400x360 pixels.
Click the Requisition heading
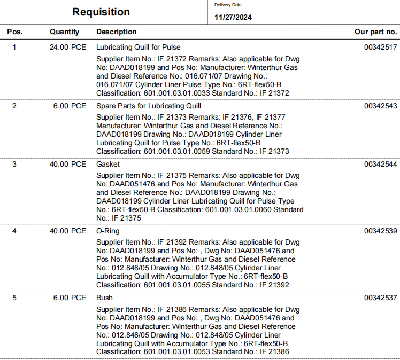tap(101, 12)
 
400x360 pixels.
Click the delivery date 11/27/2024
tap(233, 17)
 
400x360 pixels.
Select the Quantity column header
tap(64, 32)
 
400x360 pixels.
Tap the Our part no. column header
tap(376, 32)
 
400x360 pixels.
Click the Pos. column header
tap(14, 32)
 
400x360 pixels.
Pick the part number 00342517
tap(381, 48)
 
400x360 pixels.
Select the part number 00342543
tap(381, 106)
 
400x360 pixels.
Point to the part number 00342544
tap(381, 165)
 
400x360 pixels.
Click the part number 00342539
tap(381, 231)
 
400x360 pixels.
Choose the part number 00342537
tap(381, 298)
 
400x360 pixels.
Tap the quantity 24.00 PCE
tap(68, 48)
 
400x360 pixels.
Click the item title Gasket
tap(108, 165)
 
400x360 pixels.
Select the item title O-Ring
tap(108, 231)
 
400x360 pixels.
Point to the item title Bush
tap(104, 298)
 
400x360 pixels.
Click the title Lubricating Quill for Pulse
tap(138, 48)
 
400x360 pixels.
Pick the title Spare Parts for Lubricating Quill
tap(149, 106)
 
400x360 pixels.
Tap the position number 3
tap(14, 165)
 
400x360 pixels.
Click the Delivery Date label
tap(228, 5)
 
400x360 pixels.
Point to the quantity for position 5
tap(70, 298)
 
